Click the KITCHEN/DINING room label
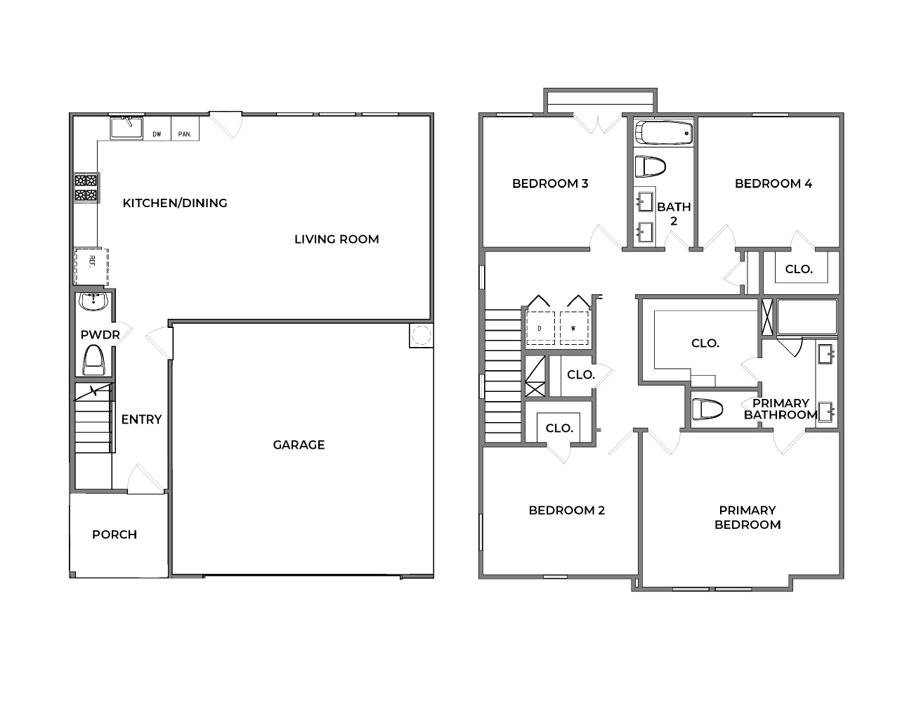click(x=175, y=203)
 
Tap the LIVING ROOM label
click(x=337, y=239)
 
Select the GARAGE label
click(x=299, y=445)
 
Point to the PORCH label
click(x=115, y=534)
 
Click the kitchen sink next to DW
click(x=126, y=129)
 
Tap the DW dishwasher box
click(x=157, y=133)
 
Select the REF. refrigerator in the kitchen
click(x=91, y=266)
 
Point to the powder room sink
click(x=93, y=302)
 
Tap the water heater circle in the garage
click(x=420, y=336)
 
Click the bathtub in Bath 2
click(x=664, y=133)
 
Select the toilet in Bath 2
click(x=650, y=167)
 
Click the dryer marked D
click(x=540, y=328)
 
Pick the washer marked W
click(x=573, y=328)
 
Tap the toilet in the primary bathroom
click(x=707, y=409)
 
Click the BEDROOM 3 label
click(x=550, y=184)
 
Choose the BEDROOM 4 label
click(x=773, y=184)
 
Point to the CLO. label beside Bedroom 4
click(x=799, y=269)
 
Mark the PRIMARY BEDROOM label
click(x=747, y=518)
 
